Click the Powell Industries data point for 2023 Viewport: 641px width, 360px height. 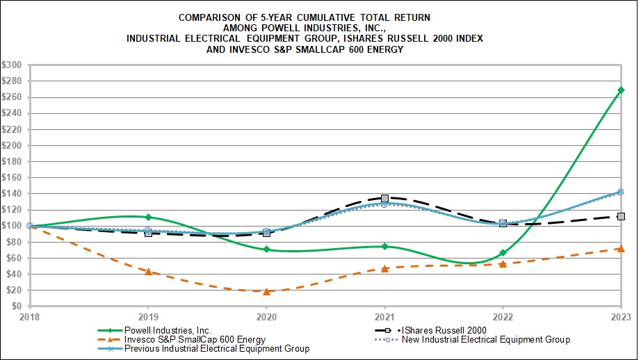[620, 90]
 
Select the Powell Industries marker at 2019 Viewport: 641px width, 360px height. [148, 217]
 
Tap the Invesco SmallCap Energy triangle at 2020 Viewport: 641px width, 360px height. [266, 291]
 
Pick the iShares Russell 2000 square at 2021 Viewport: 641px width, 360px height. [384, 198]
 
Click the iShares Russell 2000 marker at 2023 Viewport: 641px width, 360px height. [620, 216]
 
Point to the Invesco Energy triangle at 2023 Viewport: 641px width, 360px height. [620, 248]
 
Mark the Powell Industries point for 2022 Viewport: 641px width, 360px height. [503, 253]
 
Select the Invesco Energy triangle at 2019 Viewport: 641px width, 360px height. [148, 271]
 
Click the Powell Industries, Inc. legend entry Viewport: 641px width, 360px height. [167, 330]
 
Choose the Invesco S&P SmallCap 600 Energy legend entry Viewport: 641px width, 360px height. [185, 339]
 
